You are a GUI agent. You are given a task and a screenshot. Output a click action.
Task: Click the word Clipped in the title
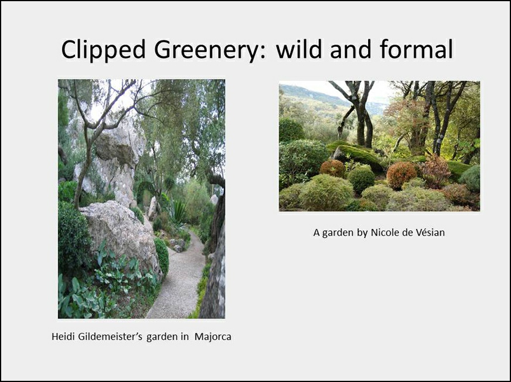103,50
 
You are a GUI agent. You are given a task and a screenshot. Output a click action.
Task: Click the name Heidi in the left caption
63,336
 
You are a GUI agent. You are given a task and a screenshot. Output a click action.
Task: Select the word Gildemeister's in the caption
110,336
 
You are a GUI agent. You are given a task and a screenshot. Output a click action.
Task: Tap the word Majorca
213,336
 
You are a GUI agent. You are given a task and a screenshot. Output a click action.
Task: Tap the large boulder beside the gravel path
121,235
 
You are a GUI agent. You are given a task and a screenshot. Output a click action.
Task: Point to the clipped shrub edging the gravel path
162,256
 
